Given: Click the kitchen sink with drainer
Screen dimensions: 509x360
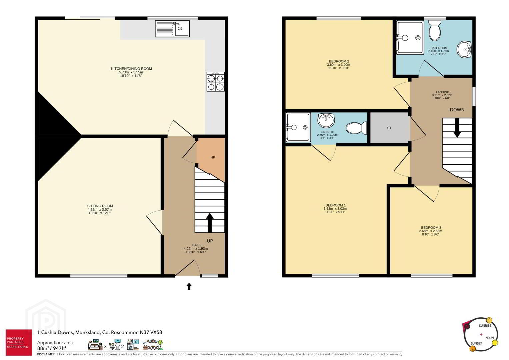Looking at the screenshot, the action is [172, 29].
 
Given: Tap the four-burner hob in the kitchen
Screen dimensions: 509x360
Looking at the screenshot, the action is [215, 82].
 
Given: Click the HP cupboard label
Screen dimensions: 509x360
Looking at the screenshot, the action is [213, 157].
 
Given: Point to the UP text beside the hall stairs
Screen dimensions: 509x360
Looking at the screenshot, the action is [210, 241].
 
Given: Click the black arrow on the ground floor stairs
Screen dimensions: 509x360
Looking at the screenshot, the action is [210, 223].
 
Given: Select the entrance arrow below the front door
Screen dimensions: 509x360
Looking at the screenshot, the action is [189, 286].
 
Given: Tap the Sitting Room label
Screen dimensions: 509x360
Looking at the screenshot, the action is [100, 206].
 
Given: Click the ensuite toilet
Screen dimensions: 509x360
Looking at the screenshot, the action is [356, 128].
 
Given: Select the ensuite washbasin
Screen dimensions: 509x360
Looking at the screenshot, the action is [326, 120].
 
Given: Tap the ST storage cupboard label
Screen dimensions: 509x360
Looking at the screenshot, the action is [389, 128].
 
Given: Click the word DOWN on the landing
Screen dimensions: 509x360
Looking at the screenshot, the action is [457, 110].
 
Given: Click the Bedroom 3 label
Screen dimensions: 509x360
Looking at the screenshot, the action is [431, 227].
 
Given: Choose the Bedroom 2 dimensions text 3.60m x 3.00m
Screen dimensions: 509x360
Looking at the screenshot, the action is [339, 65].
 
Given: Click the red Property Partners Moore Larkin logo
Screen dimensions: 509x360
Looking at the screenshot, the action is [19, 342].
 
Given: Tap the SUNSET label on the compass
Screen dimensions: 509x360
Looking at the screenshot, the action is [476, 343].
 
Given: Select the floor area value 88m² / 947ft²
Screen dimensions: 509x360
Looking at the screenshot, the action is [52, 348].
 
